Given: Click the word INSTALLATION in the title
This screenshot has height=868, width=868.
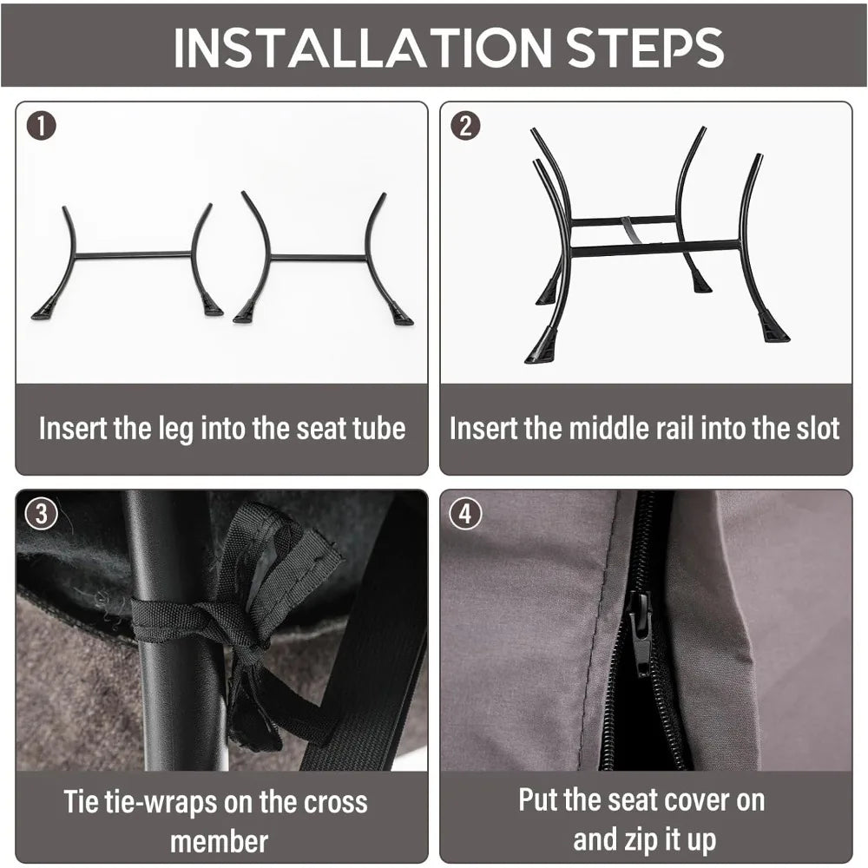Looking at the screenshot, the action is pos(363,47).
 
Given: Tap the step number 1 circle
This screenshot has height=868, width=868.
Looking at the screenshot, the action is pos(41,126).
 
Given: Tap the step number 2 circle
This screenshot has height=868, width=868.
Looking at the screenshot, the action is pos(465,126).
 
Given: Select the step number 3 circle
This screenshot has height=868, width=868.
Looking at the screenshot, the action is pos(41,514).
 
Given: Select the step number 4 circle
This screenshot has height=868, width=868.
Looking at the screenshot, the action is pos(465,514).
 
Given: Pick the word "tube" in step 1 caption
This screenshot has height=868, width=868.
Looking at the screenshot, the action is pos(379,429).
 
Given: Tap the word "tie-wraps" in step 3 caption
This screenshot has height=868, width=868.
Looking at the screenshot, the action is pos(155,803).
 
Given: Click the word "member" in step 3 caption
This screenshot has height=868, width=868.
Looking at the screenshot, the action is pos(220,841).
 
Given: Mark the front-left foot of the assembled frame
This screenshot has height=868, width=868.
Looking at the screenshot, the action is pos(540,346).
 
